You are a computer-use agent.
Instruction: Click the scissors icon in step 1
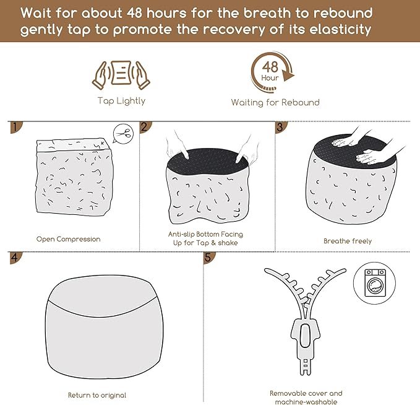[x=123, y=133]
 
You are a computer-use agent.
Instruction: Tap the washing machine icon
[x=375, y=283]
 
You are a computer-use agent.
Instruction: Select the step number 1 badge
[x=15, y=127]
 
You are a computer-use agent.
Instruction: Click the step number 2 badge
[x=145, y=127]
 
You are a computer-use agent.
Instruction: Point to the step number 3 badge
[x=281, y=127]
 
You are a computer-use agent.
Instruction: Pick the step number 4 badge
[x=15, y=258]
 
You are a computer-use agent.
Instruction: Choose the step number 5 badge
[x=209, y=258]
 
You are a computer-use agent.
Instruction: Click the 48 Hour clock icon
[x=272, y=72]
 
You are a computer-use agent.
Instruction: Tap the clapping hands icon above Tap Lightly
[x=121, y=75]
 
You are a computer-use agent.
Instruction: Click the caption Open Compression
[x=68, y=239]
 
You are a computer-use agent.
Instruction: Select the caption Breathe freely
[x=348, y=241]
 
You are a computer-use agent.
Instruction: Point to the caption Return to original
[x=97, y=395]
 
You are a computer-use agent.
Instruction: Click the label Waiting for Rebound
[x=275, y=102]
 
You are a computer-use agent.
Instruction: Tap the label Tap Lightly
[x=122, y=101]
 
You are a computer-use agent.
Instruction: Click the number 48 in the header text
[x=134, y=12]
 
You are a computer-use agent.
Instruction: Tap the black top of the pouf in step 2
[x=208, y=162]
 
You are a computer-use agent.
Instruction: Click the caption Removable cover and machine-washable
[x=306, y=398]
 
